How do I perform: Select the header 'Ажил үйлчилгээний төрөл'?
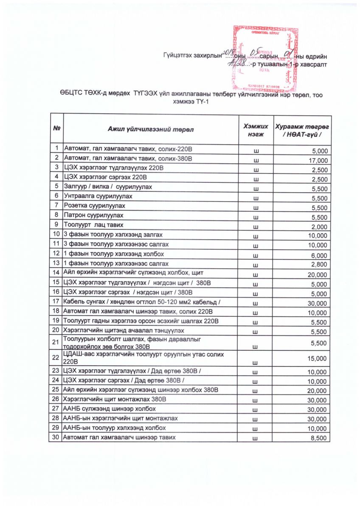(150, 130)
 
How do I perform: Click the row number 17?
(56, 301)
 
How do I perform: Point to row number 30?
(56, 437)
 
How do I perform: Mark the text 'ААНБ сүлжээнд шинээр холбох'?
(109, 408)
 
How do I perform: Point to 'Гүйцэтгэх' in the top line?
(178, 56)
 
